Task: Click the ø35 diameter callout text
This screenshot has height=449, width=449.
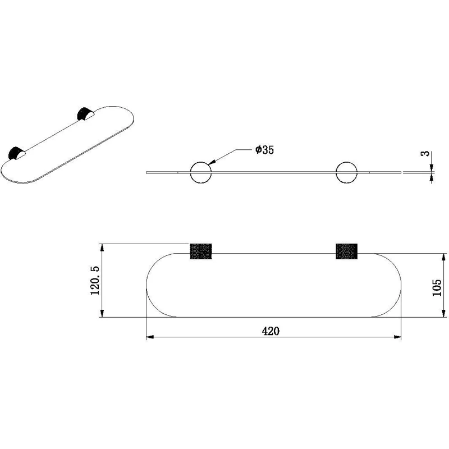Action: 264,150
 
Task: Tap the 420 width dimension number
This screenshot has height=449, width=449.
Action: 271,331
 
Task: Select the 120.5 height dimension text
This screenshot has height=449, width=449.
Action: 95,280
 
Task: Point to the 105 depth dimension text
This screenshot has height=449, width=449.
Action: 437,287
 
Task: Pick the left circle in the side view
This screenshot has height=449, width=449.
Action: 201,172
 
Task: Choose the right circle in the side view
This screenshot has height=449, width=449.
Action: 346,172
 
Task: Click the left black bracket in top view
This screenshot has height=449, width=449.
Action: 201,251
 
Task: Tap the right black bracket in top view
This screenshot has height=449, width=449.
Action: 346,251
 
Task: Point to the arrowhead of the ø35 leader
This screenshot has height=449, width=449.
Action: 212,162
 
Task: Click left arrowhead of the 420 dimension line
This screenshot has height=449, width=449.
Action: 150,337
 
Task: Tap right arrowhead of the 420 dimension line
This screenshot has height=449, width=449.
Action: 397,337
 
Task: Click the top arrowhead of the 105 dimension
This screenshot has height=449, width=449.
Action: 444,258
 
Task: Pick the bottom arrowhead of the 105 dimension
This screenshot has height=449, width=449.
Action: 444,313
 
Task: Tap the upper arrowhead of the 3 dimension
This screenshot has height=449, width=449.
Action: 432,168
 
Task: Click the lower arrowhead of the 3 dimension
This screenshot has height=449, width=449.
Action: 432,177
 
